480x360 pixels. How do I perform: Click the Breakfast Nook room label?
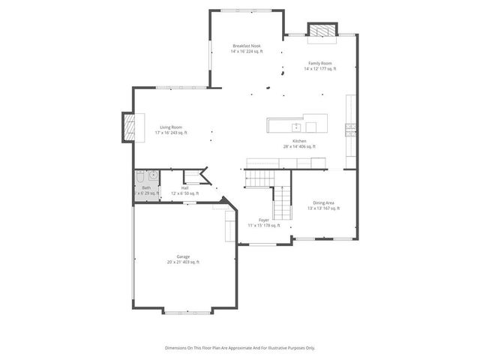245,46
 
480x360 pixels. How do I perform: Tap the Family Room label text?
320,63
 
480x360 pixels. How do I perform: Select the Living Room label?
171,127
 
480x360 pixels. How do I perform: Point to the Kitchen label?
299,141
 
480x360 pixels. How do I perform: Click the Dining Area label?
323,202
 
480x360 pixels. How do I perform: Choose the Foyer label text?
264,220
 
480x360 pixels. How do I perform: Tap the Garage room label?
183,256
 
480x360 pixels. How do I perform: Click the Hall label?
184,187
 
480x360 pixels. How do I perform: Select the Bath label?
147,187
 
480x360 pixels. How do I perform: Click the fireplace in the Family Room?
321,30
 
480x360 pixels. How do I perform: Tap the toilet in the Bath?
140,177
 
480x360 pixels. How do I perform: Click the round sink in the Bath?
152,177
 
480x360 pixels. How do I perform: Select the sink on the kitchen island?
295,125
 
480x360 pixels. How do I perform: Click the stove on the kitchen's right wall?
349,128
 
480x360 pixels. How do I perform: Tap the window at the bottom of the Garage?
184,310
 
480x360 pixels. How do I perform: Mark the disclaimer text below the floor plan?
240,348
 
